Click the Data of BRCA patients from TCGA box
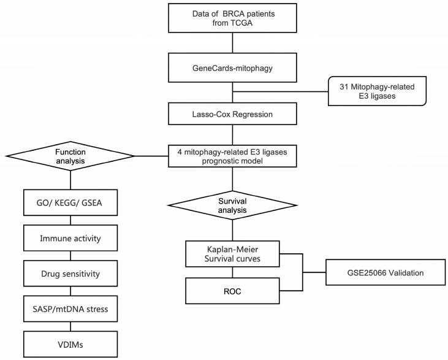tap(233, 19)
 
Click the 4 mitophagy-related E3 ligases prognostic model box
tap(233, 155)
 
